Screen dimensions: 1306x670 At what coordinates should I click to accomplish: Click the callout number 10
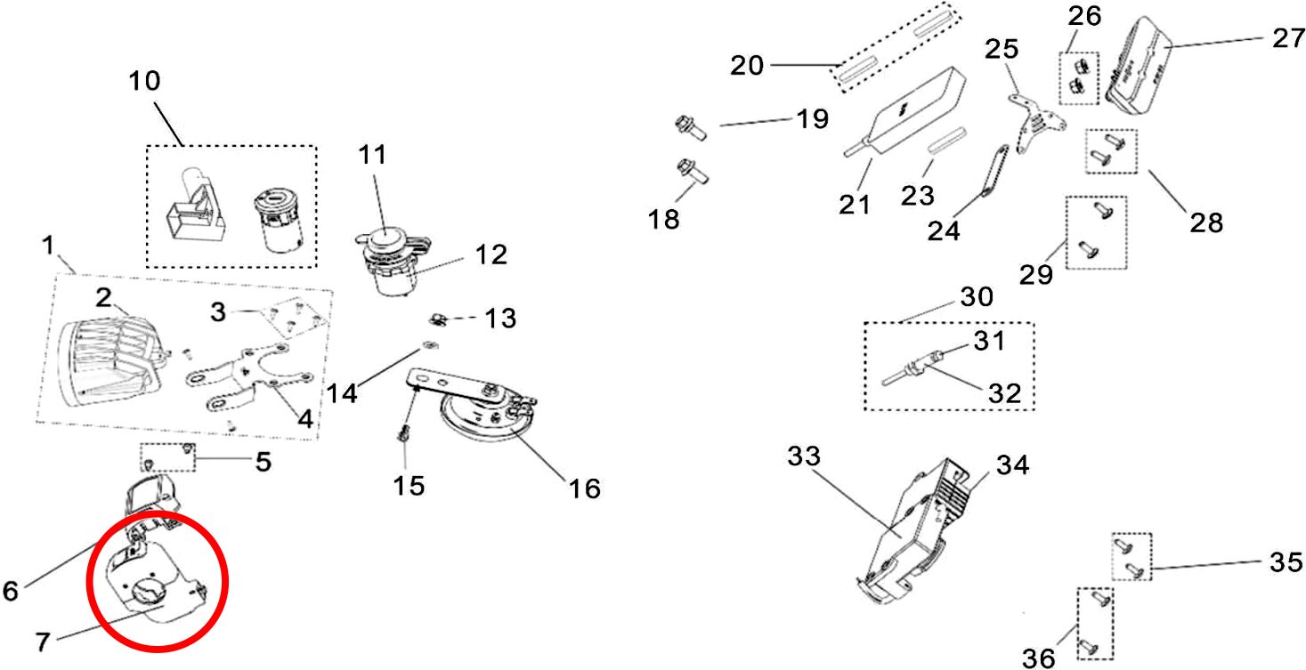[x=144, y=81]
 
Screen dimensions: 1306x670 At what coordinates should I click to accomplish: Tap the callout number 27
[x=1288, y=38]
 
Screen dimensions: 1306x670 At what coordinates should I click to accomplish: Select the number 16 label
[x=584, y=488]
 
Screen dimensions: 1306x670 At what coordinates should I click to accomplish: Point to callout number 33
[x=804, y=456]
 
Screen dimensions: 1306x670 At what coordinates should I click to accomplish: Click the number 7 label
[x=43, y=642]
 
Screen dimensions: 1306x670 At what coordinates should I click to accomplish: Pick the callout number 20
[x=747, y=65]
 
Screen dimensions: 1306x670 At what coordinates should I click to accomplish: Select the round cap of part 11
[x=385, y=238]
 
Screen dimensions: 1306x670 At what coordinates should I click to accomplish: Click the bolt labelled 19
[x=691, y=128]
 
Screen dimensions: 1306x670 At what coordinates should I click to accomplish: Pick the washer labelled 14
[x=430, y=345]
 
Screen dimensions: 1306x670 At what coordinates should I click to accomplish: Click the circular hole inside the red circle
[x=150, y=592]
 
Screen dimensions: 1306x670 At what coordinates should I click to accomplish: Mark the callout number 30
[x=977, y=297]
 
